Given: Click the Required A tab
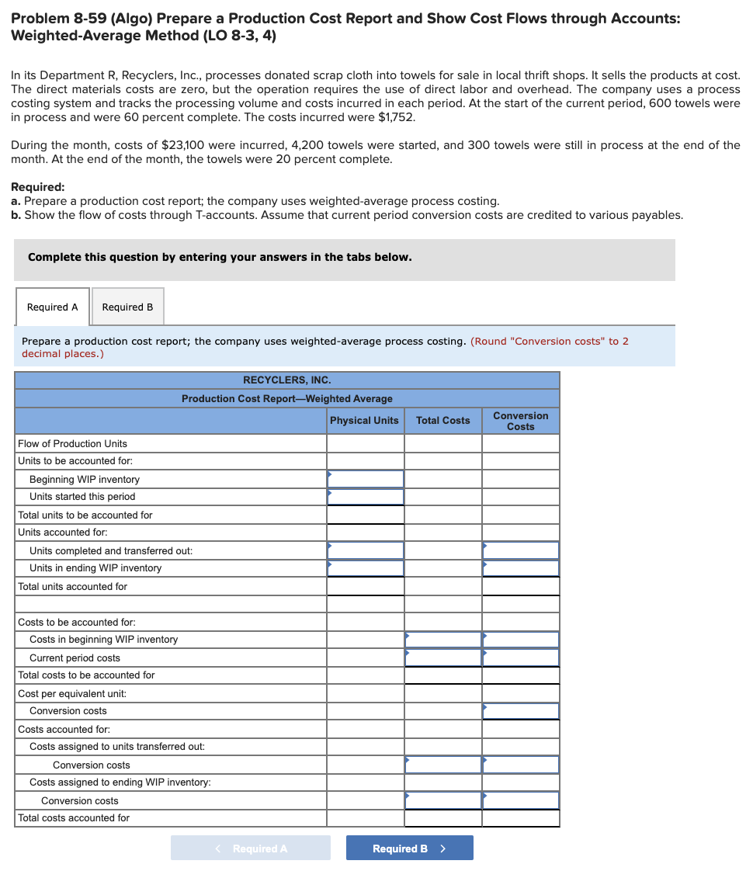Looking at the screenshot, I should (53, 307).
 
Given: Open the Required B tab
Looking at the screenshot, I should (128, 307).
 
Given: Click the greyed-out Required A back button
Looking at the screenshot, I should (250, 848).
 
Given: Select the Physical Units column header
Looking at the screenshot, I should (364, 421).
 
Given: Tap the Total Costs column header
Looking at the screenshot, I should (442, 421).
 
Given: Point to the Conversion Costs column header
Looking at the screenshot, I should (520, 421).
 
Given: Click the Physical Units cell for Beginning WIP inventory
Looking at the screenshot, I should (365, 479).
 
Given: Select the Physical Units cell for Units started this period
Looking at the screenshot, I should (365, 497).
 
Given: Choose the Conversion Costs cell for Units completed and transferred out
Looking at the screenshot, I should (520, 550).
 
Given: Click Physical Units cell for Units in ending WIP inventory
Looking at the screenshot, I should (365, 568).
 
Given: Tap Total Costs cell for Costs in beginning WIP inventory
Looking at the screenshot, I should (442, 640).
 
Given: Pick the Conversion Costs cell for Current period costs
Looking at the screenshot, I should (520, 658).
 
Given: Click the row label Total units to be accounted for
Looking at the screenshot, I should (85, 515).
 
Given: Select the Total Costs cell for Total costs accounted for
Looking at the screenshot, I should (442, 818).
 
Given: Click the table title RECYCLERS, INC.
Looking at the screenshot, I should (287, 380).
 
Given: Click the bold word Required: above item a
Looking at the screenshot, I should (38, 187).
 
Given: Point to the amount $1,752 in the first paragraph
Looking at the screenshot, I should (396, 117).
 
